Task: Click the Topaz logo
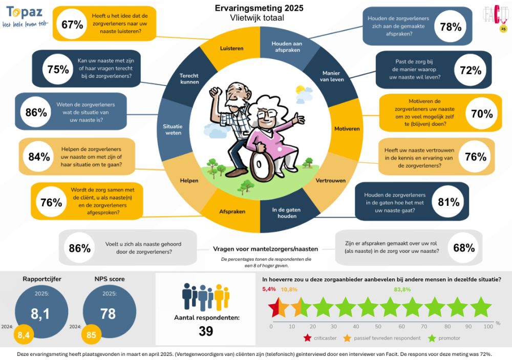point(25,17)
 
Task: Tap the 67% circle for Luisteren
point(72,25)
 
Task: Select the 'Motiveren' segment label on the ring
point(347,129)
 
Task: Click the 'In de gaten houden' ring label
point(286,213)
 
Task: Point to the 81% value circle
point(449,202)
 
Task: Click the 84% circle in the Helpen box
point(39,157)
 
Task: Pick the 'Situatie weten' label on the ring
point(173,130)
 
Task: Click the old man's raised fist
point(216,91)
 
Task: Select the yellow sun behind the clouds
point(300,89)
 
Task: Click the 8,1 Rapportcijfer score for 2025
point(40,313)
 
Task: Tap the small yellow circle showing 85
point(91,334)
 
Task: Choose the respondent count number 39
point(206,331)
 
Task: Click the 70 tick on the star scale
point(424,326)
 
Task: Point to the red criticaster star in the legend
point(307,338)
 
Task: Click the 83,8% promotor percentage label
point(402,289)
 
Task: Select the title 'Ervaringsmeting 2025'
point(259,8)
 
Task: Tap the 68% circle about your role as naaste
point(464,248)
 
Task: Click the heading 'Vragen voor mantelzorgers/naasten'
point(265,249)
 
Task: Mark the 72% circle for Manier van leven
point(470,70)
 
